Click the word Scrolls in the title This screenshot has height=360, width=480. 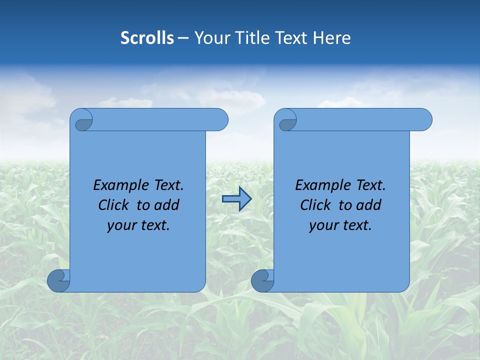(x=147, y=38)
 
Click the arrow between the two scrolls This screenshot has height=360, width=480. (x=236, y=199)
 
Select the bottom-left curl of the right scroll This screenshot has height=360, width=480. (x=262, y=281)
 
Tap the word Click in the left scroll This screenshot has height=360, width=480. (x=113, y=205)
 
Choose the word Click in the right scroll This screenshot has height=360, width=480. (x=315, y=205)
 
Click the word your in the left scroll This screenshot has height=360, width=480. (x=121, y=225)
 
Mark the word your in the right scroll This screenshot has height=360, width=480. (x=323, y=225)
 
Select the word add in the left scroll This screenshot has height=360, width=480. (x=166, y=205)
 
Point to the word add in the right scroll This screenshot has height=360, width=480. (x=368, y=205)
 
